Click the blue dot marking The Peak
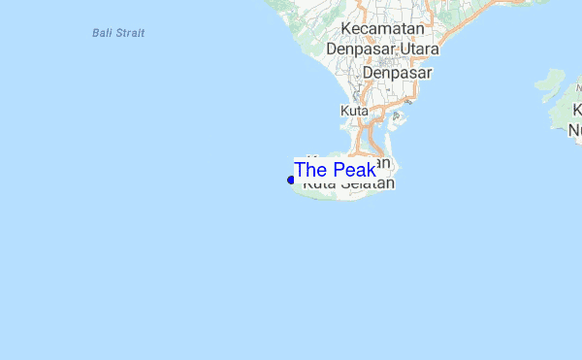[291, 180]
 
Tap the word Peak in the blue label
[354, 171]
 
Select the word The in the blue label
[310, 171]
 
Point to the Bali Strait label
[118, 33]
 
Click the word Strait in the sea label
[130, 33]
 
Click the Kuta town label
[354, 112]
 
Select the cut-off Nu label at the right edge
[575, 129]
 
